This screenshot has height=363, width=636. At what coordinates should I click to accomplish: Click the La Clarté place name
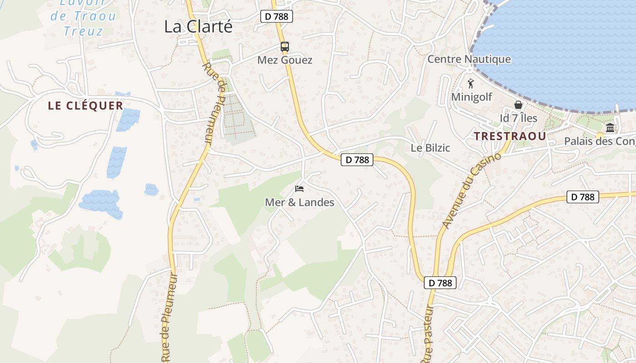198,26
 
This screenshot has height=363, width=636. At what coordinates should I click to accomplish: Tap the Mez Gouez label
285,60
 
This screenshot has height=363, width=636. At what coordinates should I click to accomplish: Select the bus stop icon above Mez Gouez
285,46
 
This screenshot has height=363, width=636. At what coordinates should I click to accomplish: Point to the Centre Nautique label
469,59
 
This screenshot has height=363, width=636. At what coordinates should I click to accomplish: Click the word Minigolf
472,97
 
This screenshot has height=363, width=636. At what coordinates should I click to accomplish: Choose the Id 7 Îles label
518,118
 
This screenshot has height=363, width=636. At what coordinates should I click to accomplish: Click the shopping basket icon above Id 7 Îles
518,105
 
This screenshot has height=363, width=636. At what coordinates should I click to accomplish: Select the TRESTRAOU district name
509,136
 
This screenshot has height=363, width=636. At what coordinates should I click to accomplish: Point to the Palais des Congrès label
600,142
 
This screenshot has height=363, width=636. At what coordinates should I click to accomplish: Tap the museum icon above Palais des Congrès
610,128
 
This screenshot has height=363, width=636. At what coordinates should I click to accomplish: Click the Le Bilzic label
430,148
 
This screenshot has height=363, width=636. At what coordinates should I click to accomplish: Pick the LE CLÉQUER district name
85,106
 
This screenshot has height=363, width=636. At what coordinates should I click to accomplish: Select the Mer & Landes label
299,202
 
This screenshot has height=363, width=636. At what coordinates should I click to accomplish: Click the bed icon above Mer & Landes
299,188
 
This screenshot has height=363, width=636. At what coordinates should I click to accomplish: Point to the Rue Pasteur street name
429,336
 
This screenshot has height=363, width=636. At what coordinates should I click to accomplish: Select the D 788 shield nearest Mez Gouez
277,17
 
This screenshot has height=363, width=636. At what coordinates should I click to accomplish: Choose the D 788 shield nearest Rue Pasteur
440,283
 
